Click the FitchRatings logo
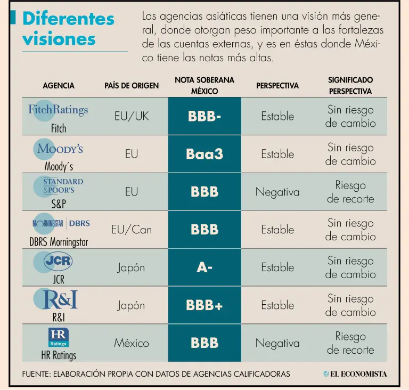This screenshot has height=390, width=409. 58,110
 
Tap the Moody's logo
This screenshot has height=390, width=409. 58,149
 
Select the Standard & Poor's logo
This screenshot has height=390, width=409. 58,186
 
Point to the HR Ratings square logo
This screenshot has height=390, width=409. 59,337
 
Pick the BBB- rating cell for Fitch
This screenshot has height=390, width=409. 204,116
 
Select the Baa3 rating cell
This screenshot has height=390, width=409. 204,154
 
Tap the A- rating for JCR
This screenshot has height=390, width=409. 204,267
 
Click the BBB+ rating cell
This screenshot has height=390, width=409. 204,305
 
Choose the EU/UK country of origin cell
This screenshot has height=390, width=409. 132,116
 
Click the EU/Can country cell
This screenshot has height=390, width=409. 132,230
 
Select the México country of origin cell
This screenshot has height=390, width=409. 132,343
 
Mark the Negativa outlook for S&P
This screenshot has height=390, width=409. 277,192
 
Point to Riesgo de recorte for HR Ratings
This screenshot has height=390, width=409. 350,343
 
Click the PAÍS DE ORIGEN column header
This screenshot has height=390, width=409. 132,86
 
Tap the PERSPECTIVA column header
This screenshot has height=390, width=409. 277,86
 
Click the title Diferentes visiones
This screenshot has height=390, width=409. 68,28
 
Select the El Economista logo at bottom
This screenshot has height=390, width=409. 355,374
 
